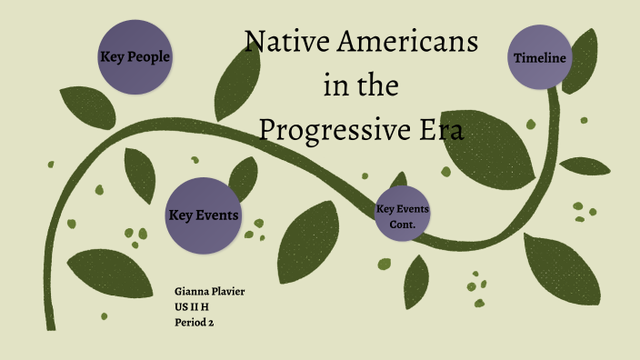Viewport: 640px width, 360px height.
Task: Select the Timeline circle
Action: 540,58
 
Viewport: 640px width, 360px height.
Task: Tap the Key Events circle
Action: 204,215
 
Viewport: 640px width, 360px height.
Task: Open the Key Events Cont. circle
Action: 402,216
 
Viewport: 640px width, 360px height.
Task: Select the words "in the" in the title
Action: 361,86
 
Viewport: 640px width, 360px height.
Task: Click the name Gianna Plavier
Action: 209,291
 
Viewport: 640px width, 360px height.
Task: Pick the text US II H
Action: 192,306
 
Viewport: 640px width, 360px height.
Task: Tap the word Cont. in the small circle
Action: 402,224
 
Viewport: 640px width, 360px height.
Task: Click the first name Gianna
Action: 191,291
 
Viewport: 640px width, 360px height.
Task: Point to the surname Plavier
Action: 227,291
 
